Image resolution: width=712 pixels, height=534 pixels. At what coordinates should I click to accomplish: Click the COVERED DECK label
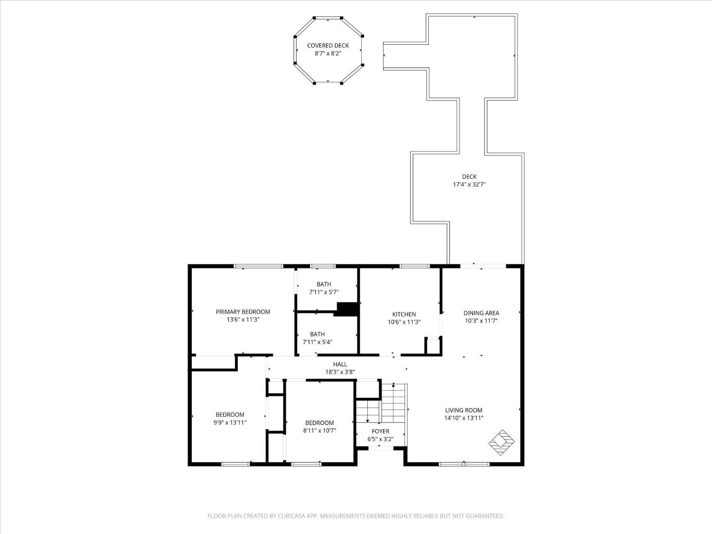(x=328, y=46)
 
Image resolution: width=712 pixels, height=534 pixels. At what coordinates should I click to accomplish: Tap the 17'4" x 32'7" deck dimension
(x=469, y=185)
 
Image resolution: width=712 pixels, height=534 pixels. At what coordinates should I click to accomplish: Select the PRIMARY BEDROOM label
(x=243, y=312)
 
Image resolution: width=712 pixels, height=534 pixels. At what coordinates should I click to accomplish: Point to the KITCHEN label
(x=404, y=314)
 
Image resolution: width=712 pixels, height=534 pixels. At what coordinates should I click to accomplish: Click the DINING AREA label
(x=481, y=313)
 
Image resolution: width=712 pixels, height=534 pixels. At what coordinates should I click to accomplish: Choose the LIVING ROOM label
(x=464, y=410)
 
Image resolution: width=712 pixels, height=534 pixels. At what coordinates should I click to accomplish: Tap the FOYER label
(x=381, y=431)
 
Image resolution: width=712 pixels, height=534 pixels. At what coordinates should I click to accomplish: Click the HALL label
(x=340, y=365)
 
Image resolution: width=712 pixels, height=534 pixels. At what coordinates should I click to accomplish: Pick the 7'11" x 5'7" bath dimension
(x=324, y=292)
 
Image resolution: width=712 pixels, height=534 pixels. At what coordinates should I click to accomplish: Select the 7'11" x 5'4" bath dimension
(x=317, y=342)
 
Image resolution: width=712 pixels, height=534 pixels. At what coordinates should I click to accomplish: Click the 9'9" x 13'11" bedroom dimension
(x=230, y=422)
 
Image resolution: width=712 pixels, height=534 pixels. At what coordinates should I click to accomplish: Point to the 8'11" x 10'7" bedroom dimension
(x=319, y=431)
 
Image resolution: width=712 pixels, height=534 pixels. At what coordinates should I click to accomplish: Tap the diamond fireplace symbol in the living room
(x=501, y=442)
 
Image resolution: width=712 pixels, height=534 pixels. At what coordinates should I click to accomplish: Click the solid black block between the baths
(x=347, y=309)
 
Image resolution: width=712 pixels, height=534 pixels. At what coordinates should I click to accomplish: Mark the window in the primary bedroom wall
(x=259, y=266)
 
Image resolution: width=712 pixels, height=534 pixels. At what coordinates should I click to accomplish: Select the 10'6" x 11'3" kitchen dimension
(x=404, y=322)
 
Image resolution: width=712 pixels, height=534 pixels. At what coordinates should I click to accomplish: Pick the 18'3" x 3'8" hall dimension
(x=340, y=372)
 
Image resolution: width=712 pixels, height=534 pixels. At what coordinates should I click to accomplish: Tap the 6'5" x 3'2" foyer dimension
(x=381, y=440)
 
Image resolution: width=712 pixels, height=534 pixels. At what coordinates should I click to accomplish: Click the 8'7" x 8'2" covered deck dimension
(x=328, y=54)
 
